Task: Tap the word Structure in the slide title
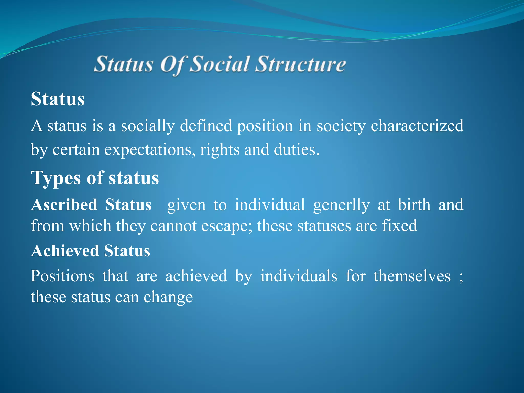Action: [x=300, y=64]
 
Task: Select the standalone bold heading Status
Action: [x=58, y=99]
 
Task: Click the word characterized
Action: [x=417, y=126]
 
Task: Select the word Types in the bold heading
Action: [x=56, y=178]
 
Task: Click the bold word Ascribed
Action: [x=64, y=205]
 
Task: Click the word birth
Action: [x=414, y=205]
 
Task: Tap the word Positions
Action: [x=62, y=276]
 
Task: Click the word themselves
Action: [x=412, y=276]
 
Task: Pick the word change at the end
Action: [x=168, y=297]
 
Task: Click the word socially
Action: [x=148, y=126]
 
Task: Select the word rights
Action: [x=220, y=150]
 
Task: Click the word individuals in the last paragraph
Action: [x=299, y=276]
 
